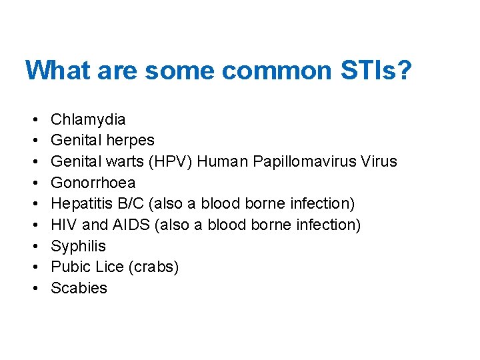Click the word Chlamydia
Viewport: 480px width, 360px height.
[88, 119]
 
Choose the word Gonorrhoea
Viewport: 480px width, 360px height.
[93, 183]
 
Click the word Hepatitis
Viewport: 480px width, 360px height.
[80, 204]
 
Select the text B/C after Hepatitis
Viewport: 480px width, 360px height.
[125, 204]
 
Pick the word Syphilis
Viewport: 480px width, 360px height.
[78, 246]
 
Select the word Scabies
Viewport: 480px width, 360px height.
[79, 288]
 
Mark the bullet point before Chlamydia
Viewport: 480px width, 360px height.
[33, 120]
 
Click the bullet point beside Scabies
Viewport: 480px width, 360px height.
[33, 289]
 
